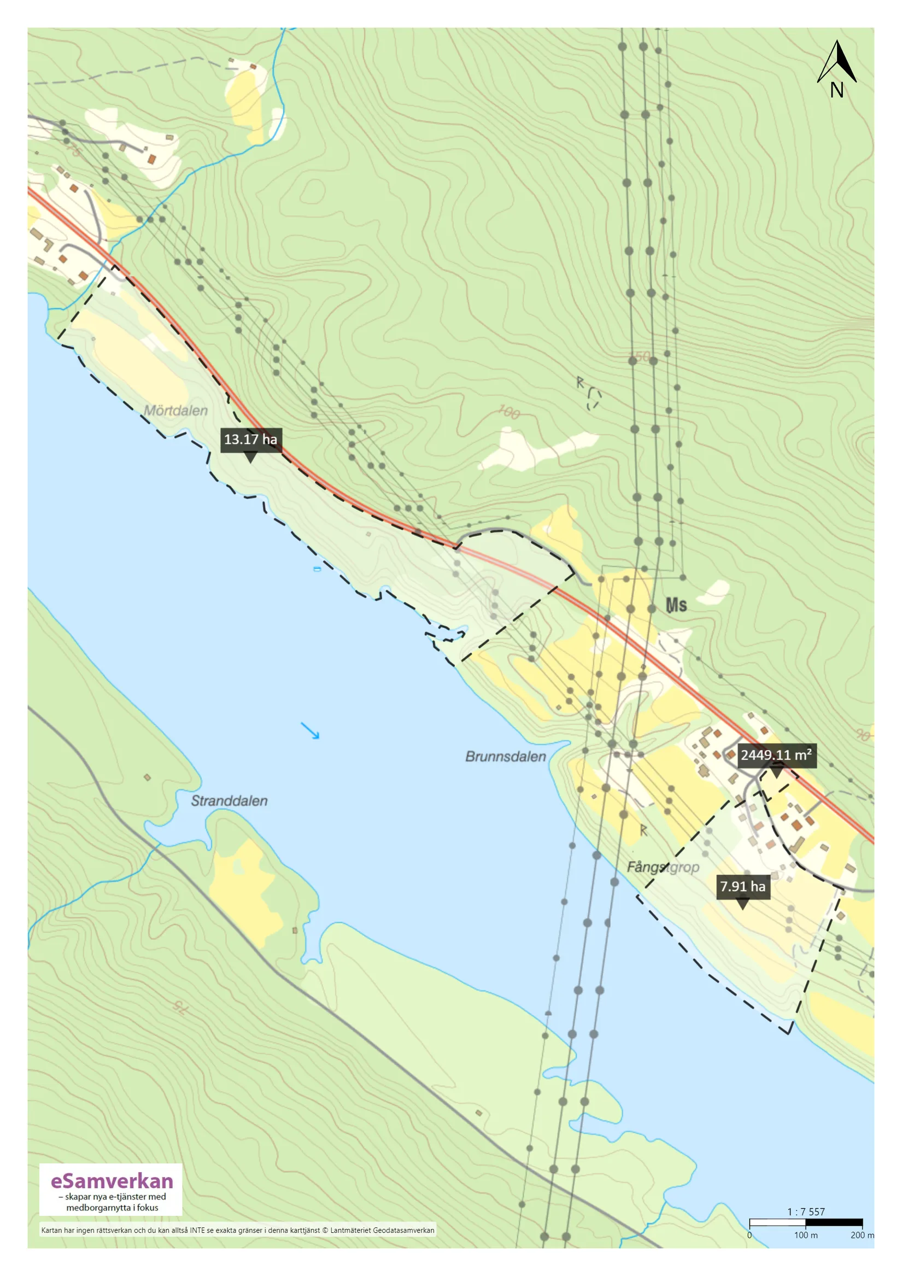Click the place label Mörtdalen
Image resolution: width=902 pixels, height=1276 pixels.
[175, 411]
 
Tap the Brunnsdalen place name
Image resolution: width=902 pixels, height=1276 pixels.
[505, 757]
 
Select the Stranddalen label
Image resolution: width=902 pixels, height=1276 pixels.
[229, 801]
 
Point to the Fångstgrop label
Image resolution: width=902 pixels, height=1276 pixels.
[663, 867]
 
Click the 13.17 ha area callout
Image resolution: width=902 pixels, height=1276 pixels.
[250, 440]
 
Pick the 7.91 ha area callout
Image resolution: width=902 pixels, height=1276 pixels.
[742, 886]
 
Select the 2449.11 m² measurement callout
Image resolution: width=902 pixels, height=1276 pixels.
[776, 754]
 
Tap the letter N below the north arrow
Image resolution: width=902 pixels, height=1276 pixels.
[836, 90]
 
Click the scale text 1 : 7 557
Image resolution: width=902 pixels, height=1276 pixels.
[806, 1211]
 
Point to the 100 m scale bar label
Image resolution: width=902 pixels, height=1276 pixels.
[805, 1235]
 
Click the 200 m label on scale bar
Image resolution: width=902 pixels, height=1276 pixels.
[862, 1235]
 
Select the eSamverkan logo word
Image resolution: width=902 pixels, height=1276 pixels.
[112, 1180]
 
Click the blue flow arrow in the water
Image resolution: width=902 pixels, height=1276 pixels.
[310, 730]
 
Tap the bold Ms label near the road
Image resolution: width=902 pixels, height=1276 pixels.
[676, 605]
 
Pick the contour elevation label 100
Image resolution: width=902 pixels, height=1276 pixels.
[508, 412]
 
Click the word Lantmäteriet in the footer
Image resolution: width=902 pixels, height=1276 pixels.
[350, 1230]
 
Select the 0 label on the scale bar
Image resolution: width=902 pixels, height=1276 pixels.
[749, 1235]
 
